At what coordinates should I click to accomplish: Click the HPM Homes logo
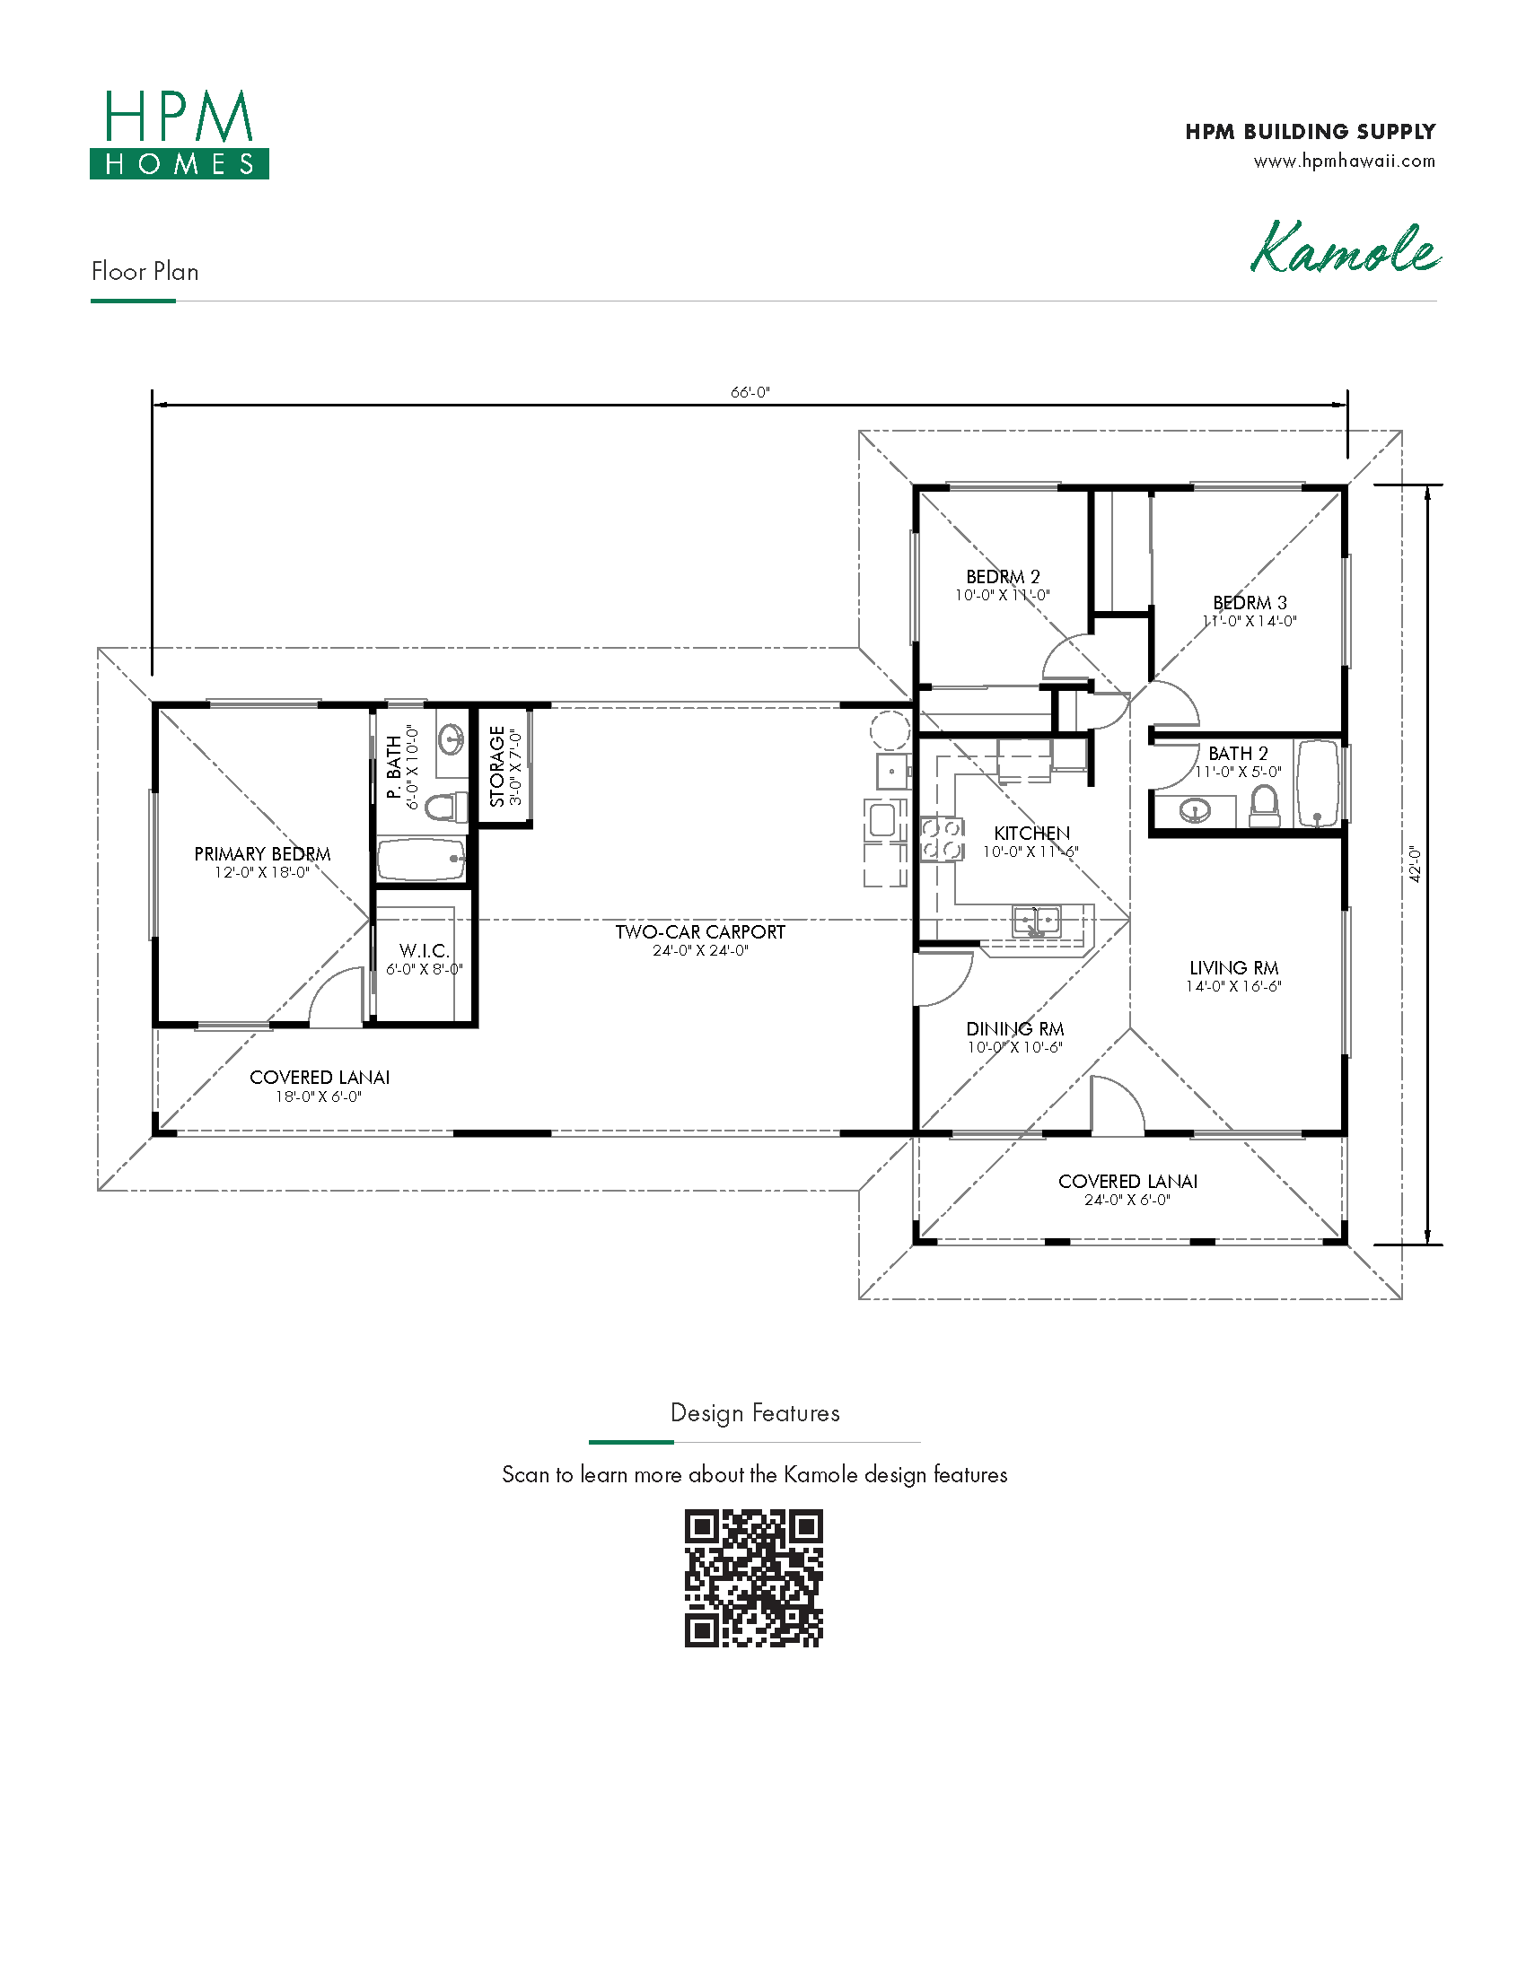tap(179, 134)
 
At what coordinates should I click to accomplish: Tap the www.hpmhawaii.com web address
tap(1345, 161)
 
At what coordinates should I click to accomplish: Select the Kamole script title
tap(1346, 247)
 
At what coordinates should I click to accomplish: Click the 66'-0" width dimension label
tap(750, 392)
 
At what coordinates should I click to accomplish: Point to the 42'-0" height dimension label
tap(1416, 864)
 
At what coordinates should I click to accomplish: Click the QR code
tap(754, 1578)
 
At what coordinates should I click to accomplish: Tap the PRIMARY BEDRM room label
tap(262, 854)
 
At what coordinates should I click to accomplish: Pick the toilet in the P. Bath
tap(446, 808)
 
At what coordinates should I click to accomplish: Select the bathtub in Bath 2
tap(1317, 783)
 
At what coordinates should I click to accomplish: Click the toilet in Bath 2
tap(1265, 807)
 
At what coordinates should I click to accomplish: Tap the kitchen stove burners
tap(942, 838)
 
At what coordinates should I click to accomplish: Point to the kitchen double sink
tap(1036, 921)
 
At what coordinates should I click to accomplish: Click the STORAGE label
tap(497, 766)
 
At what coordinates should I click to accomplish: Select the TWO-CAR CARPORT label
tap(701, 932)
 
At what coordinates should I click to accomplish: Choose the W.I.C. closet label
tap(424, 951)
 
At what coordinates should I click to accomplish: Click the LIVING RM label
tap(1234, 968)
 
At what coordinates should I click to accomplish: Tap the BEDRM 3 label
tap(1250, 603)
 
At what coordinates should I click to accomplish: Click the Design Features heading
tap(755, 1412)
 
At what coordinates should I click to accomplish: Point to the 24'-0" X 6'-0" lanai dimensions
tap(1127, 1201)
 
